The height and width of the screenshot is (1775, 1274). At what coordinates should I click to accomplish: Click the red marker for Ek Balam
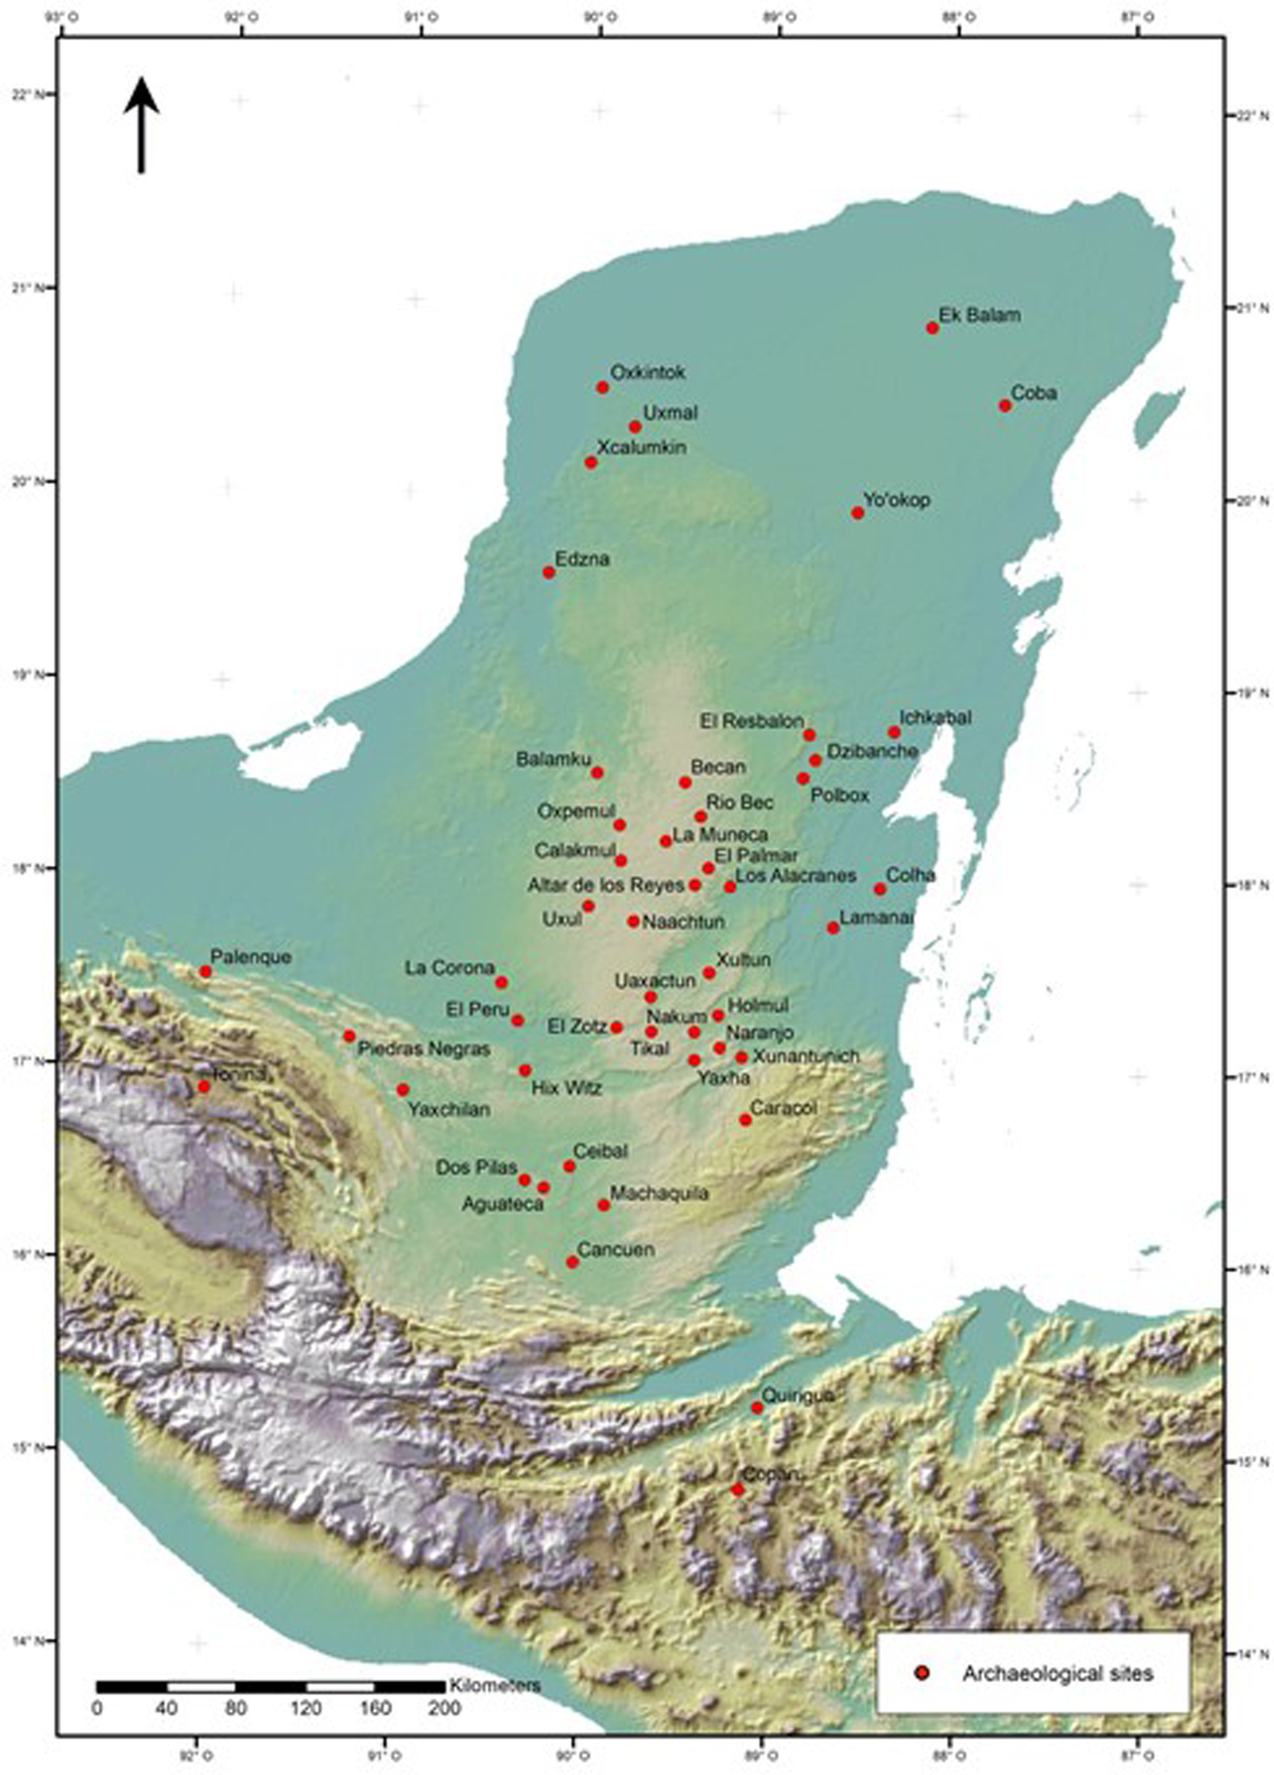point(932,328)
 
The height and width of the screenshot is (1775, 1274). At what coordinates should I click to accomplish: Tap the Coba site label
point(1034,392)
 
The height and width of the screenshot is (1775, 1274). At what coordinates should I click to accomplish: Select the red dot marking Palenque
point(205,971)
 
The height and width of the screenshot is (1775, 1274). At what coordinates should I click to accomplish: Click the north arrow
point(142,124)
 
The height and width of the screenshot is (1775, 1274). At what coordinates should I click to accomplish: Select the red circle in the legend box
point(922,1667)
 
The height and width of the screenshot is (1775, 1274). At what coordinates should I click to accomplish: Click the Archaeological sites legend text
point(1057,1667)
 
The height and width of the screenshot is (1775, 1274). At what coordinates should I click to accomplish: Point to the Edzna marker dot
point(549,572)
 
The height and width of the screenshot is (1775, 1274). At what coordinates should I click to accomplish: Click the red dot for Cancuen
point(573,1262)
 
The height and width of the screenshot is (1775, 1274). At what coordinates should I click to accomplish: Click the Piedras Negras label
point(424,1050)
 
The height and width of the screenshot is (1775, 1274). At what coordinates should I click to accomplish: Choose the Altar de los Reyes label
point(605,884)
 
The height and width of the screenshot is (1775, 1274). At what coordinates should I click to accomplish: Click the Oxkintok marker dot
point(603,388)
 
